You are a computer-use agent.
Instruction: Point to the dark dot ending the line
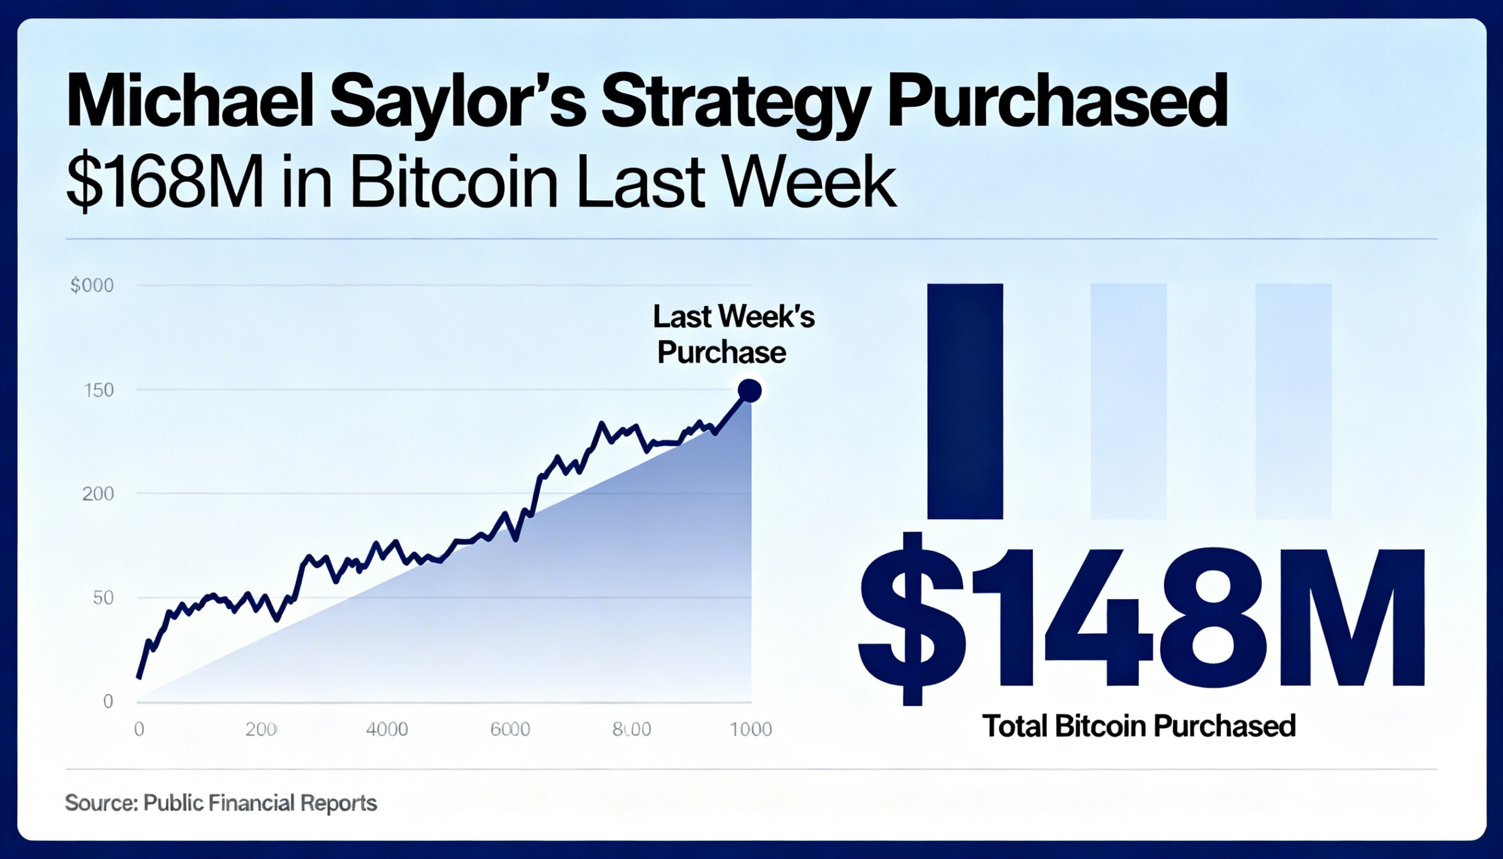pyautogui.click(x=749, y=390)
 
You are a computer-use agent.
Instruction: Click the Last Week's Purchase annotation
pyautogui.click(x=733, y=335)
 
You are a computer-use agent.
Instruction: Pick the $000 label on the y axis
pyautogui.click(x=92, y=285)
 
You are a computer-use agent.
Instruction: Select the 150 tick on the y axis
pyautogui.click(x=99, y=390)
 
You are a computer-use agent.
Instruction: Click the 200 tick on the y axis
pyautogui.click(x=98, y=494)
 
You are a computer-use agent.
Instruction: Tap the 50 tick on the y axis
pyautogui.click(x=103, y=598)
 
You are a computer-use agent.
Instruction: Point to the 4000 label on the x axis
pyautogui.click(x=387, y=729)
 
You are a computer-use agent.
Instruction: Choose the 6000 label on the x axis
pyautogui.click(x=510, y=729)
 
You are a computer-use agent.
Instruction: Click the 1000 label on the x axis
pyautogui.click(x=750, y=729)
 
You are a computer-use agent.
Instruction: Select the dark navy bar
pyautogui.click(x=965, y=401)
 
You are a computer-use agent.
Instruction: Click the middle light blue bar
pyautogui.click(x=1128, y=401)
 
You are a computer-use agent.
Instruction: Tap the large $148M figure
pyautogui.click(x=1141, y=618)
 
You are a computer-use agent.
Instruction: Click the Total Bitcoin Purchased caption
pyautogui.click(x=1138, y=726)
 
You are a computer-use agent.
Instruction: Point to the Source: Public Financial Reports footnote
pyautogui.click(x=221, y=803)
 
